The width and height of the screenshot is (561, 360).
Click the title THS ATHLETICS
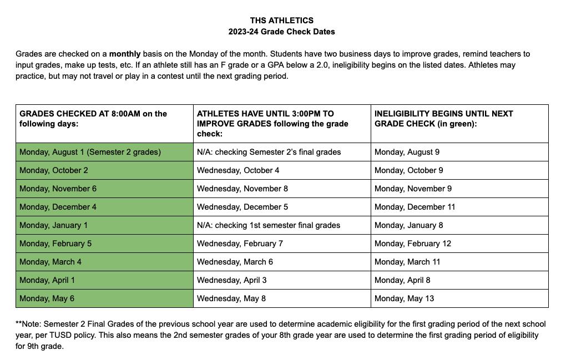pyautogui.click(x=281, y=21)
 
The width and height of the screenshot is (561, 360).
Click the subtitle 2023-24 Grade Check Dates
pyautogui.click(x=281, y=32)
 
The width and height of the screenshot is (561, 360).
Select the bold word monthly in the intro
pyautogui.click(x=124, y=54)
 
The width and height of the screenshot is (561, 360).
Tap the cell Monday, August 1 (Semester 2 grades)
pyautogui.click(x=90, y=152)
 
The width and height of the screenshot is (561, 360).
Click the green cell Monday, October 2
pyautogui.click(x=53, y=170)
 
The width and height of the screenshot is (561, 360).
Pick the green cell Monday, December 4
pyautogui.click(x=58, y=207)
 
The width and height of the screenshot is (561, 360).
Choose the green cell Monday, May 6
pyautogui.click(x=47, y=298)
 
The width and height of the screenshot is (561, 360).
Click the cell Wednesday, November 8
pyautogui.click(x=242, y=189)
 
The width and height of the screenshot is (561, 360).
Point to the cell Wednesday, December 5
pyautogui.click(x=242, y=207)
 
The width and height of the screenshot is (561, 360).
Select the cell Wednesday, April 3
pyautogui.click(x=232, y=280)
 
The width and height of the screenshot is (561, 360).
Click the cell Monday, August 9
pyautogui.click(x=407, y=152)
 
